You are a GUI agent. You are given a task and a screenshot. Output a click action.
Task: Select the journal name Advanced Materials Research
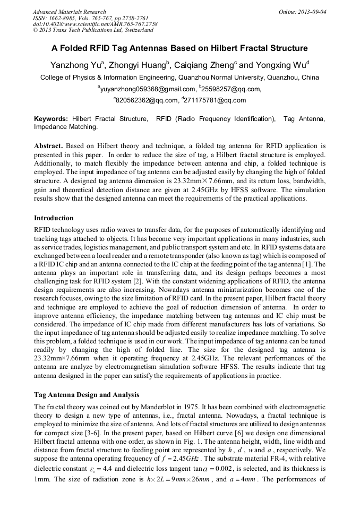click(x=69, y=12)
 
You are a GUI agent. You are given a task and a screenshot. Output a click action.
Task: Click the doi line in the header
click(x=95, y=24)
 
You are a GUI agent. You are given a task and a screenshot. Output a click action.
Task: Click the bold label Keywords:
click(x=51, y=120)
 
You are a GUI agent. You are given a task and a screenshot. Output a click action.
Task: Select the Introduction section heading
click(x=54, y=218)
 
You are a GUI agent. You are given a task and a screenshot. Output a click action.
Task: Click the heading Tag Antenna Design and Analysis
click(x=87, y=395)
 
